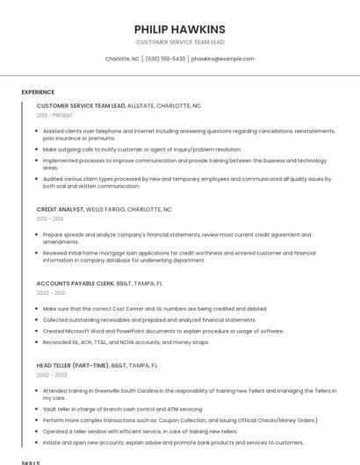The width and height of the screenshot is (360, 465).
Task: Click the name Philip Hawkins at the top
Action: coord(179,29)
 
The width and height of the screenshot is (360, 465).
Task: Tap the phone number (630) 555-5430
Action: coord(165,59)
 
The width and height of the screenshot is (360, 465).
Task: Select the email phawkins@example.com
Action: coord(223,59)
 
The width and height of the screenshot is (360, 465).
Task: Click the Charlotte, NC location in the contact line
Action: coord(122,59)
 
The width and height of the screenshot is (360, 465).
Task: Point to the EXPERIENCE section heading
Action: coord(38,91)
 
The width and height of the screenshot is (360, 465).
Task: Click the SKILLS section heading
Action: coord(31,461)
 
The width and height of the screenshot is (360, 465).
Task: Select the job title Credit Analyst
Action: coord(61,210)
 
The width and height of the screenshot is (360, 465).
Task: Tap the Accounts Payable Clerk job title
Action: coord(75,283)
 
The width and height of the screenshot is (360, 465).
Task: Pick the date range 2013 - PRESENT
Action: coord(55,115)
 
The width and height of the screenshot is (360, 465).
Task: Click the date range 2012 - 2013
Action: coord(49,219)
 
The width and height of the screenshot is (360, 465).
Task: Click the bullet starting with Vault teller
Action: coord(122,409)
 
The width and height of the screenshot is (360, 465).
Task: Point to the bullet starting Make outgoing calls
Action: coord(141,149)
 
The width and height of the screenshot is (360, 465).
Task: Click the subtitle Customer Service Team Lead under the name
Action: coord(179,41)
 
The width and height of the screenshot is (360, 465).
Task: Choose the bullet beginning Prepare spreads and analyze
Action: coord(176,235)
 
